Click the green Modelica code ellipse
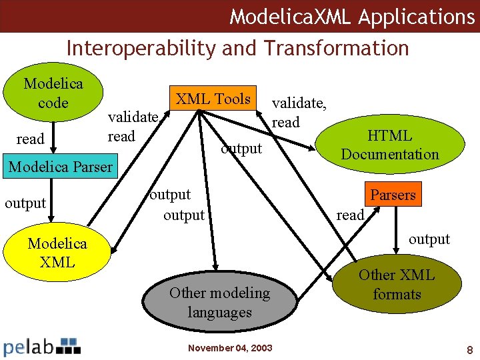53,93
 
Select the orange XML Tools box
213,99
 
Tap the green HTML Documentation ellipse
389,145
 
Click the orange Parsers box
393,195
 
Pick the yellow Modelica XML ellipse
57,253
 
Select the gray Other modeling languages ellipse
219,302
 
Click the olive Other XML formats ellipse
396,285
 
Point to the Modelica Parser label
60,167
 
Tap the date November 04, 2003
230,348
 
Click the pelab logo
42,346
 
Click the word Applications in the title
416,16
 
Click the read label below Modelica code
29,139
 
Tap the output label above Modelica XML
25,203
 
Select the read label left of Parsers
350,215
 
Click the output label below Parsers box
429,239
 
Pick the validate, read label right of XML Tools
299,113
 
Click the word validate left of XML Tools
133,117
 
